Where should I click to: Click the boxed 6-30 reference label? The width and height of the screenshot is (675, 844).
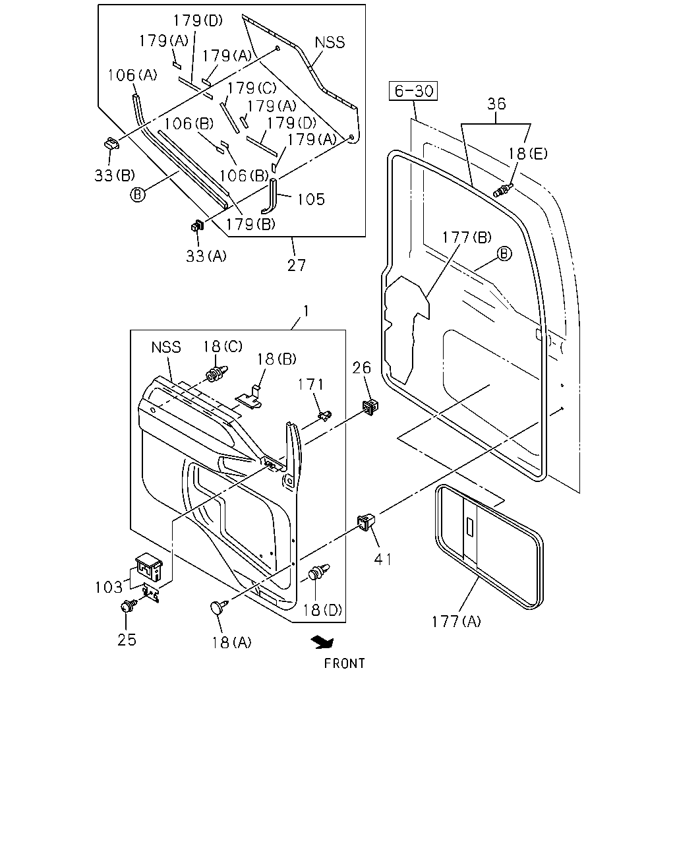pos(413,91)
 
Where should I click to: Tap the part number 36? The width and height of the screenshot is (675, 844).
pos(496,104)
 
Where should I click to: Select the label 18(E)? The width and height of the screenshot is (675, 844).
pos(527,154)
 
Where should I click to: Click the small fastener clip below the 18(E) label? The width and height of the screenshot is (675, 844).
pos(503,190)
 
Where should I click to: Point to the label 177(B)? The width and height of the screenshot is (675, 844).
pos(467,237)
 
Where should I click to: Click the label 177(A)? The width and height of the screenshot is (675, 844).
pos(456,622)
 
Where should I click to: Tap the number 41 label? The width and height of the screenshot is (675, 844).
pos(382,560)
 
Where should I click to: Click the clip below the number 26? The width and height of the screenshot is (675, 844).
pos(370,406)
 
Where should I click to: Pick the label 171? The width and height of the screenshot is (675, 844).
pos(310,384)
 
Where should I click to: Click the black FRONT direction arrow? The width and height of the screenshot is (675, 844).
pos(322,643)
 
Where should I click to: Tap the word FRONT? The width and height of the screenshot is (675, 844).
pos(344,663)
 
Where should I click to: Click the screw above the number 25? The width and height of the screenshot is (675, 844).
pos(129,605)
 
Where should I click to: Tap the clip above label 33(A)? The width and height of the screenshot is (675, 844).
pos(197,226)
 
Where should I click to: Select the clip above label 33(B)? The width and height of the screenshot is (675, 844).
pos(111,143)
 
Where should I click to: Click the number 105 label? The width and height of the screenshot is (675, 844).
pos(310,200)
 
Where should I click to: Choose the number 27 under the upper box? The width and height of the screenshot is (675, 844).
pos(297,266)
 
